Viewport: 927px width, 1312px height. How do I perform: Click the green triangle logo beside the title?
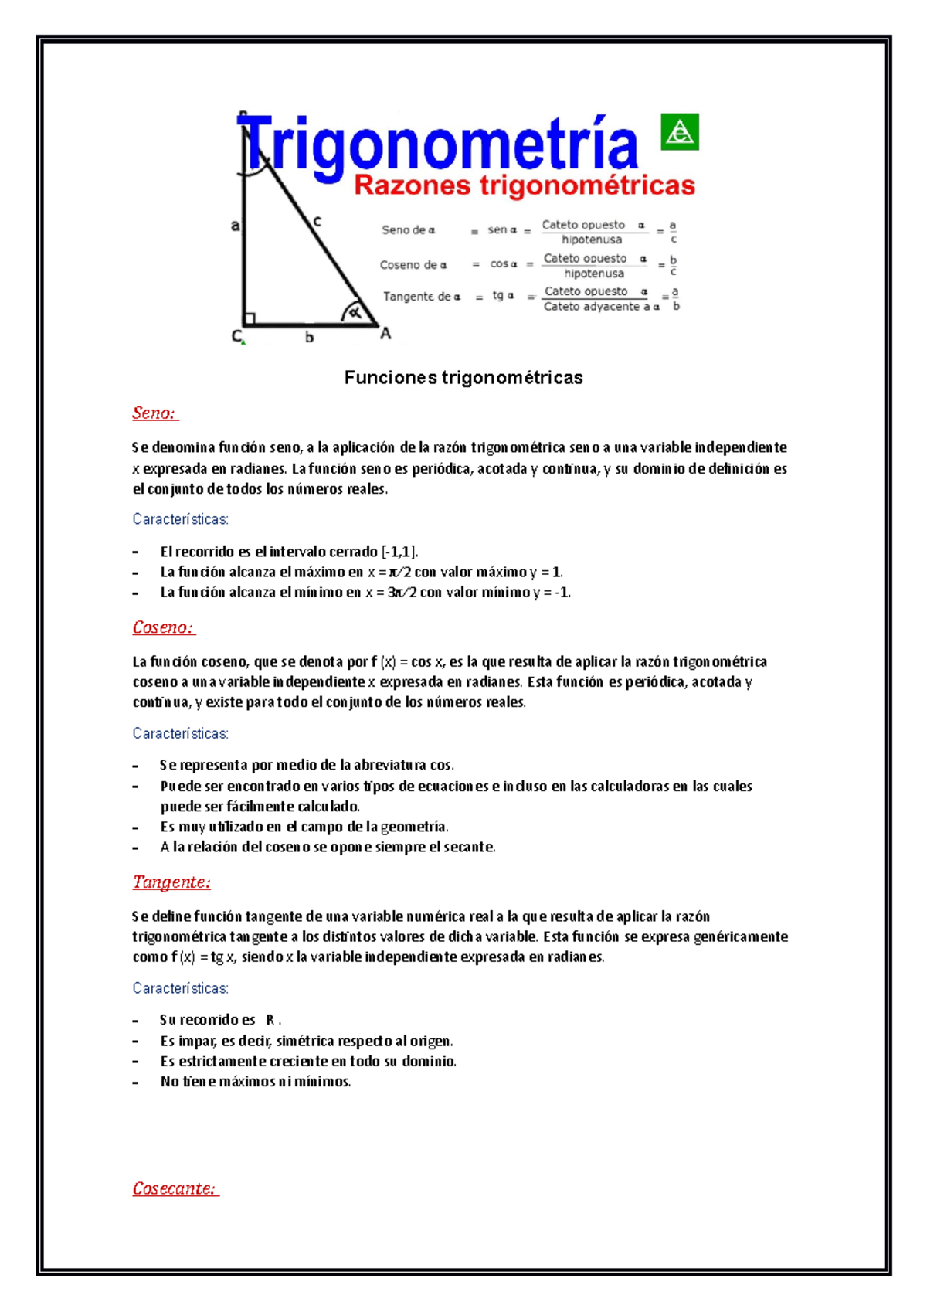(x=680, y=131)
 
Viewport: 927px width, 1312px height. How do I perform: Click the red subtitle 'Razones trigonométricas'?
(x=525, y=185)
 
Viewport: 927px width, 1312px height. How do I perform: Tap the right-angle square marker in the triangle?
(x=250, y=318)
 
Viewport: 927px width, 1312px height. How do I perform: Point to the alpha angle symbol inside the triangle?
(x=355, y=313)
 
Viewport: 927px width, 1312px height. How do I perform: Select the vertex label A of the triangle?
(x=385, y=334)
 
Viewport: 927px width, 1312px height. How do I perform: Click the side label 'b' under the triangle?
(x=309, y=337)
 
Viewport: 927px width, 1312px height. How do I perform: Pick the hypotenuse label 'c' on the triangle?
(x=317, y=222)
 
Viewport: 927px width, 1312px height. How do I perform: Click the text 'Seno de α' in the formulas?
(x=408, y=230)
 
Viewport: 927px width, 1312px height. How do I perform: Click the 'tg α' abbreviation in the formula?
(x=503, y=295)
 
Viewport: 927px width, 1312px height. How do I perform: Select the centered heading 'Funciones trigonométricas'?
(x=463, y=378)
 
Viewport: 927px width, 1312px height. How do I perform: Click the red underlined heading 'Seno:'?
(x=154, y=413)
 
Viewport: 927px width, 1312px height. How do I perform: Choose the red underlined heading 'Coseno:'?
(x=163, y=627)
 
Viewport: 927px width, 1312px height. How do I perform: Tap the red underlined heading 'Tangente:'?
(x=171, y=882)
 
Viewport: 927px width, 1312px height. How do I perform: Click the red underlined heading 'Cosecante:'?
(x=175, y=1188)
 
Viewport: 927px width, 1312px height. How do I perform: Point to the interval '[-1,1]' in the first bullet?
(x=399, y=552)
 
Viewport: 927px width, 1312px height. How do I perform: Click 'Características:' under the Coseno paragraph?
(x=180, y=733)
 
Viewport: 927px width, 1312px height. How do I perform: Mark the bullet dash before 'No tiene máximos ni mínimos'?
(x=136, y=1082)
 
